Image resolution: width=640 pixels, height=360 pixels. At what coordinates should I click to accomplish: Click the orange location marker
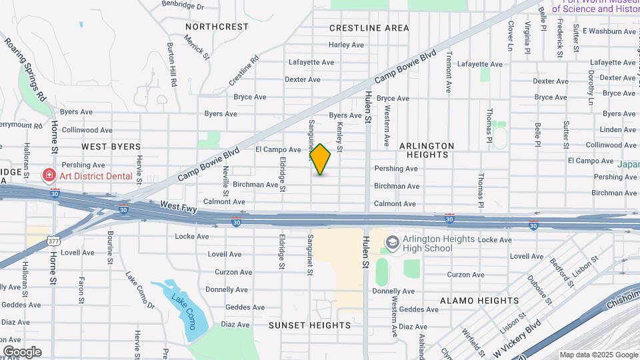(x=321, y=159)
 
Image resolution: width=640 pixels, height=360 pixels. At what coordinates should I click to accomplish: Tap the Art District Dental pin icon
(x=48, y=176)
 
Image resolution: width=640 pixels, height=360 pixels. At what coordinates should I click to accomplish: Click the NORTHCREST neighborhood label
(x=217, y=27)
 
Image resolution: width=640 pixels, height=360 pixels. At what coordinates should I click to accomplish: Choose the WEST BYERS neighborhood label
(x=111, y=146)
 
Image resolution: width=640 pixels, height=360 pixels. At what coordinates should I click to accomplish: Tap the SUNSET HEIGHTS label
(x=309, y=325)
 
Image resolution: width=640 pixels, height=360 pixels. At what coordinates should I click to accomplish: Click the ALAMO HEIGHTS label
(x=475, y=301)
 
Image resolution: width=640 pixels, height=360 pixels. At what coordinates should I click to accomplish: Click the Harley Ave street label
(x=346, y=45)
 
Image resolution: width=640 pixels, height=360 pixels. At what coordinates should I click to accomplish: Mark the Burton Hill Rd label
(x=172, y=65)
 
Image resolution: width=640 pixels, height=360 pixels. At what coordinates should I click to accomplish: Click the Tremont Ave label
(x=449, y=71)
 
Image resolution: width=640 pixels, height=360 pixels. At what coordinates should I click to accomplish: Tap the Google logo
(x=22, y=352)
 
